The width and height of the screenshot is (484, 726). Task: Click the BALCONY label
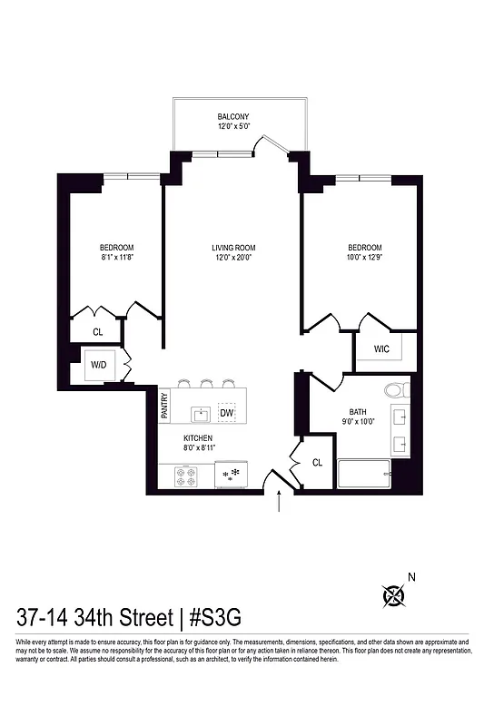coord(233,117)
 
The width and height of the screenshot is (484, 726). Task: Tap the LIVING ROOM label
coord(232,248)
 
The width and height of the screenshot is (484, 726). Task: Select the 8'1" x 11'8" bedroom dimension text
coord(116,257)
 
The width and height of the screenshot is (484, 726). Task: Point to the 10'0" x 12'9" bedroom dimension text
coord(364,257)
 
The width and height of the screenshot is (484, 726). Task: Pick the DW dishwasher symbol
coord(226,413)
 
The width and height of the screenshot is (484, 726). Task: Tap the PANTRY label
coord(164,406)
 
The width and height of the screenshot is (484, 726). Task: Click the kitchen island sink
coord(201,414)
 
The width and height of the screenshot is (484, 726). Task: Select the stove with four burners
coord(186,476)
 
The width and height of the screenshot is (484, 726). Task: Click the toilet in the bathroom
coord(397,391)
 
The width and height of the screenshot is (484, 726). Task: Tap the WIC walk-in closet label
coord(382,348)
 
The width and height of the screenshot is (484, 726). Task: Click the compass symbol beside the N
coord(394,596)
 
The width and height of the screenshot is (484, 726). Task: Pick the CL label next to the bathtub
coord(317,462)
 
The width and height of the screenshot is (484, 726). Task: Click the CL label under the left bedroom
coord(98,332)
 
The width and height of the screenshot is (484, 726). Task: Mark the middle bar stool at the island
coord(207,382)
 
